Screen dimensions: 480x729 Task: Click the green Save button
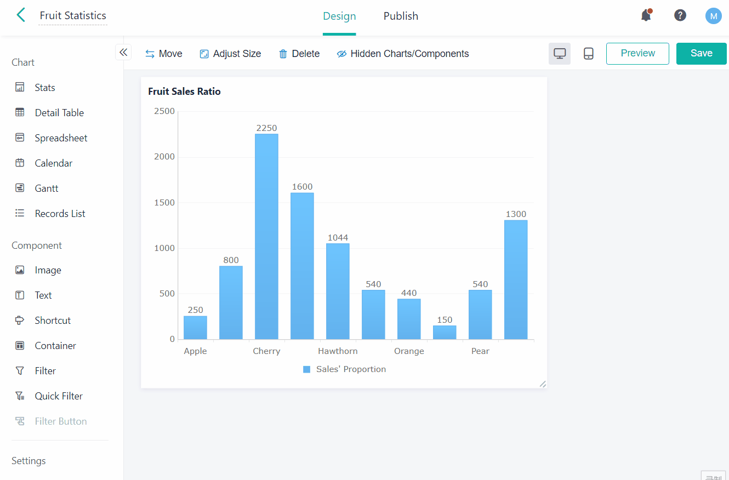coord(701,54)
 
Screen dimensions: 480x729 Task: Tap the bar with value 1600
coord(302,266)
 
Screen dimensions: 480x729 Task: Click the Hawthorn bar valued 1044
coord(338,291)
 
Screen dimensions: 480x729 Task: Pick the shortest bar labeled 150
coord(445,333)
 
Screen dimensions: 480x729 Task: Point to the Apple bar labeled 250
coord(195,328)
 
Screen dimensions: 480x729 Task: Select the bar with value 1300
coord(516,279)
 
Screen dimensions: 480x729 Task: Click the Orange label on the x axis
coord(409,351)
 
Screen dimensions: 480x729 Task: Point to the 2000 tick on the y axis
coord(164,157)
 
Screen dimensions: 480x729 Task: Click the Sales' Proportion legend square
coord(307,369)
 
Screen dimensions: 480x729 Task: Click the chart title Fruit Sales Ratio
coord(184,92)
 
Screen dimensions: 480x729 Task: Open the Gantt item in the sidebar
coord(47,188)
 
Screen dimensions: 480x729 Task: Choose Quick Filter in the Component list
coord(59,396)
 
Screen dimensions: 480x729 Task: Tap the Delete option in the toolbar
coord(299,54)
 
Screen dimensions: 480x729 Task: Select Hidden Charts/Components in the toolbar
coord(403,54)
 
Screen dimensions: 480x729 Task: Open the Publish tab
coord(401,16)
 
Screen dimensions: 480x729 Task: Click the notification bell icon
coord(646,16)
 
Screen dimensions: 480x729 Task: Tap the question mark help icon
coord(680,15)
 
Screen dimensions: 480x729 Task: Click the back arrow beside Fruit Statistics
coord(21,15)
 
